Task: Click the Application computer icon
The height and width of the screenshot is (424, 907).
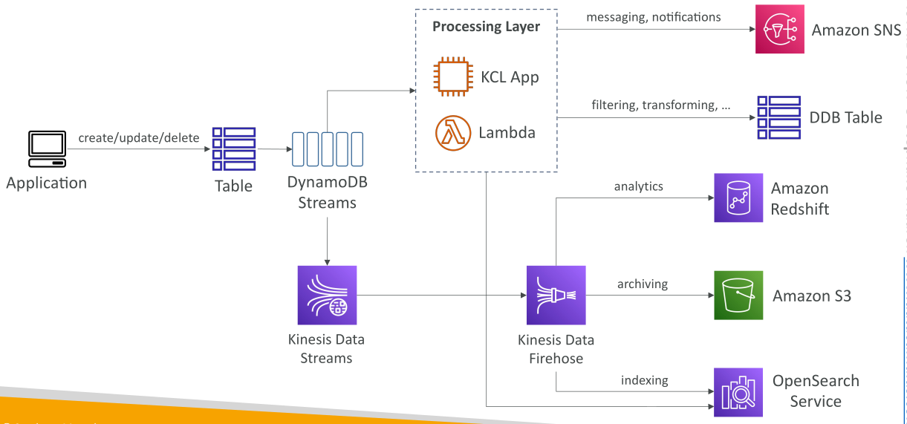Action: [x=47, y=149]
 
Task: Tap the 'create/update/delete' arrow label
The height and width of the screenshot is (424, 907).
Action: [x=138, y=137]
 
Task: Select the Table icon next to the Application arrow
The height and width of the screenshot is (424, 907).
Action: [x=234, y=149]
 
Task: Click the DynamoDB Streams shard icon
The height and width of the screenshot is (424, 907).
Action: [x=327, y=149]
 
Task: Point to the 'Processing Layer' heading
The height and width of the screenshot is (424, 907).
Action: [x=486, y=26]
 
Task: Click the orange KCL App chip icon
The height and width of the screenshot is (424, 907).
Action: [x=453, y=76]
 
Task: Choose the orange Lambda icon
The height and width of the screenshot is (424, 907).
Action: [x=453, y=133]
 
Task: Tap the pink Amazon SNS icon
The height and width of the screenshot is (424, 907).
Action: [x=779, y=29]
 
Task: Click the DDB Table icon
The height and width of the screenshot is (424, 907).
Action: [x=779, y=117]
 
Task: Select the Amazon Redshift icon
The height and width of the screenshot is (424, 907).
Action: [x=738, y=198]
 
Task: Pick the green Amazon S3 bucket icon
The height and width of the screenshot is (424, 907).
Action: [x=738, y=296]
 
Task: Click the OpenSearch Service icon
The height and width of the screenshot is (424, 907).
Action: [x=738, y=392]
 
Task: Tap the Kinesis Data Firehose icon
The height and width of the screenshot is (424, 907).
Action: [x=556, y=295]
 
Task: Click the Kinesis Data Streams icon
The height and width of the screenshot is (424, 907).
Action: [x=327, y=295]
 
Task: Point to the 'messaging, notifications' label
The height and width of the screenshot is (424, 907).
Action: [x=654, y=17]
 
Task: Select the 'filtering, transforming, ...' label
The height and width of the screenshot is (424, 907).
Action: [x=661, y=105]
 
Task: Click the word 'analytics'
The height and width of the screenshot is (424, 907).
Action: [x=639, y=186]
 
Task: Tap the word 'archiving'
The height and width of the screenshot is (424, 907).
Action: [x=643, y=284]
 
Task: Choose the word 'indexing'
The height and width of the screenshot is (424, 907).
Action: [x=645, y=380]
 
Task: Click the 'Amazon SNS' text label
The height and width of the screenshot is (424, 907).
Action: [x=856, y=30]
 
